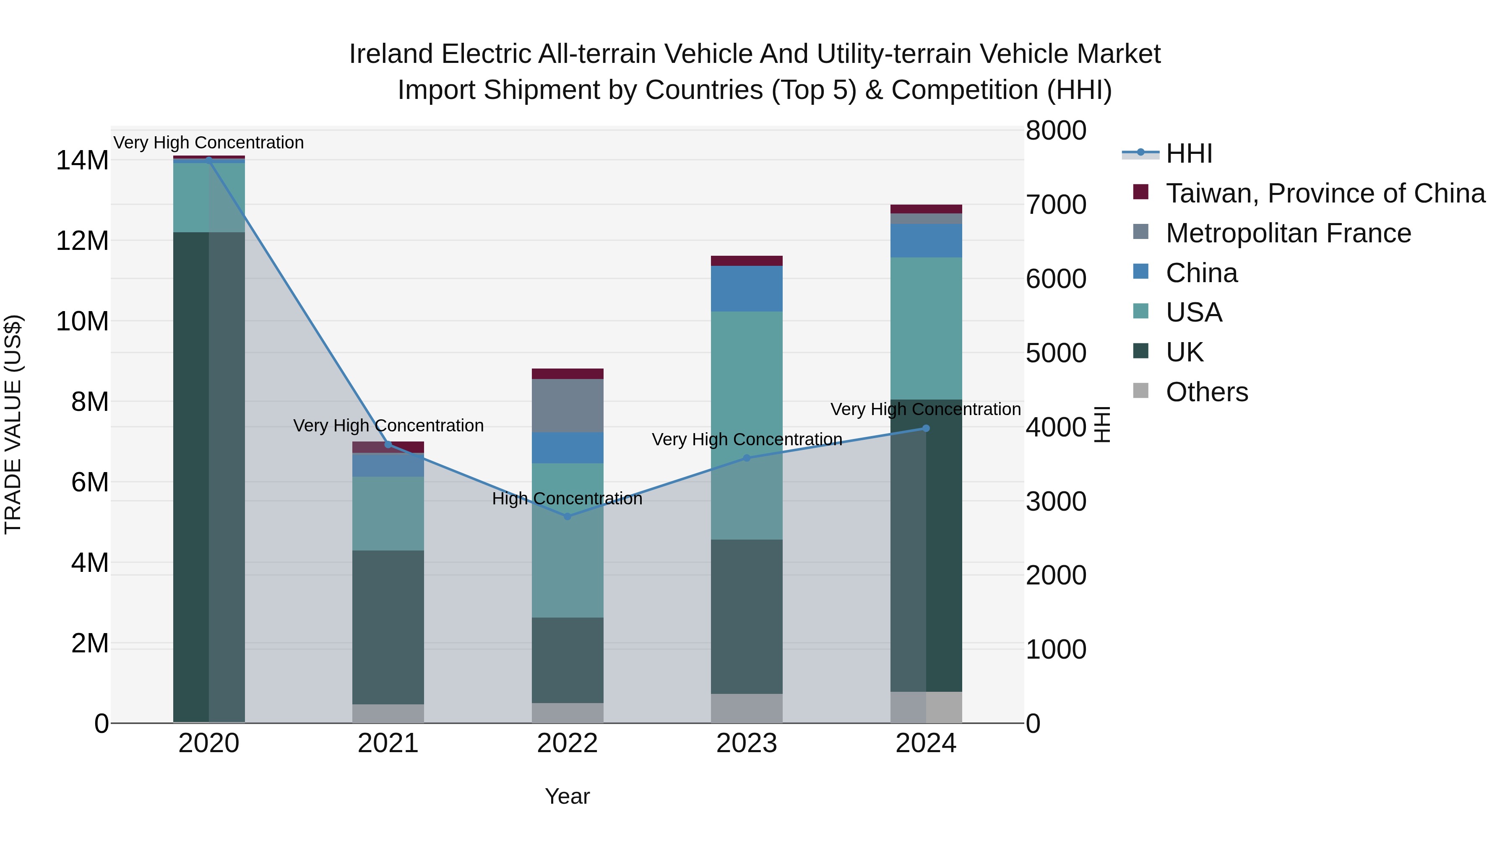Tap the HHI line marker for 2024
tap(926, 428)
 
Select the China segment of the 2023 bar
tap(746, 288)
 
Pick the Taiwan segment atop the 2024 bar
tap(926, 209)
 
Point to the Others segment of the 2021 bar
tap(388, 713)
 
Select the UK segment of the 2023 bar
tap(746, 616)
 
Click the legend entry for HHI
tap(1188, 153)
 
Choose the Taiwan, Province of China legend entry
tap(1325, 193)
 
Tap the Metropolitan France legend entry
tap(1288, 233)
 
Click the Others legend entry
tap(1206, 392)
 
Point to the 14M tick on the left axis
tap(82, 161)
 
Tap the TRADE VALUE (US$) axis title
tap(13, 424)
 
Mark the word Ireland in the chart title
tap(392, 54)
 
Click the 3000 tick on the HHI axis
tap(1056, 501)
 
